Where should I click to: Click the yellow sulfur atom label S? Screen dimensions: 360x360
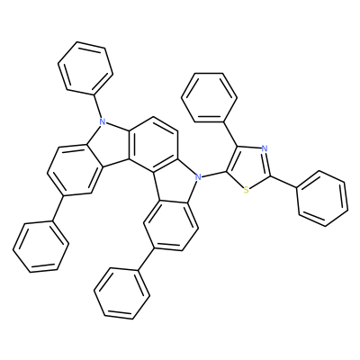click(246, 190)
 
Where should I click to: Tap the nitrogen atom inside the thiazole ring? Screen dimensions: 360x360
click(264, 148)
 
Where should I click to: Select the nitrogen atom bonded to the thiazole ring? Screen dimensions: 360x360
click(197, 177)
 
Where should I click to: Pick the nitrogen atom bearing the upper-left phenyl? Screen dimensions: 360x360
click(103, 121)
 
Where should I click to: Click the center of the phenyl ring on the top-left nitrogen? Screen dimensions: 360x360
click(85, 68)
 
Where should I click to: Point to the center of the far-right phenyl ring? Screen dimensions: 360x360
click(323, 198)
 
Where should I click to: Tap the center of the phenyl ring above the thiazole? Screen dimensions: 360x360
click(209, 97)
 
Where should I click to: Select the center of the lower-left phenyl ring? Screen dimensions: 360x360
click(40, 247)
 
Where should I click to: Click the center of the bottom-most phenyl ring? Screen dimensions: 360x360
click(121, 293)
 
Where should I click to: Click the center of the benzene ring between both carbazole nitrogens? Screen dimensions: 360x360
click(153, 145)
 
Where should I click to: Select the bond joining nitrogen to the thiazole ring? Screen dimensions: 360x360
click(213, 175)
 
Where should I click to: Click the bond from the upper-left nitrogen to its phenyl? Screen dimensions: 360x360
click(98, 106)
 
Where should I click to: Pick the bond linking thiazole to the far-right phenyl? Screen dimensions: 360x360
click(283, 182)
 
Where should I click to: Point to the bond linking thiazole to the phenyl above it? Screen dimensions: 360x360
click(230, 134)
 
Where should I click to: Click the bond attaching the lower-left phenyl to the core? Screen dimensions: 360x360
click(58, 208)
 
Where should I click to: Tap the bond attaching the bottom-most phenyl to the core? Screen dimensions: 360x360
click(146, 258)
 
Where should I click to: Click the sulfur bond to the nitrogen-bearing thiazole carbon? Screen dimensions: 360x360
click(237, 180)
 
